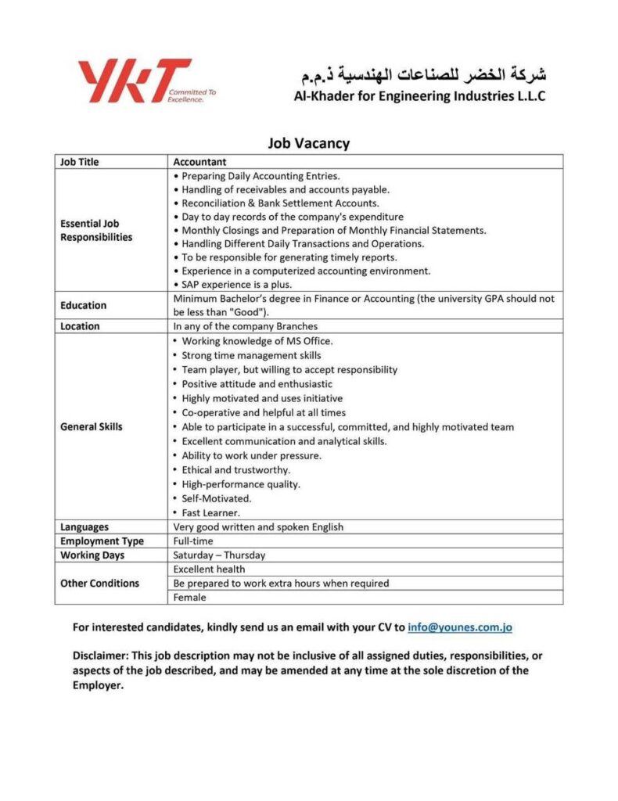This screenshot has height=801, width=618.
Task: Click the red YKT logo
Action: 134,81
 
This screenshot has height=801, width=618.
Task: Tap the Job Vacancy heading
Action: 308,143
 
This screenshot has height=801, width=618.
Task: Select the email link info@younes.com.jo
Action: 460,627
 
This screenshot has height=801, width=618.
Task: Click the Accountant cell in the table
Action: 199,162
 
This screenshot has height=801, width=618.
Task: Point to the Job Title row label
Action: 80,162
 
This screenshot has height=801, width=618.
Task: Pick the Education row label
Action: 83,305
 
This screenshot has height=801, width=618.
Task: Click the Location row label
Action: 80,326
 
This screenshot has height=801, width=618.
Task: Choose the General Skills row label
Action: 92,427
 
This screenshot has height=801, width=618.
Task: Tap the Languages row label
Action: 84,527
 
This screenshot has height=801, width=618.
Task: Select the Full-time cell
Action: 192,541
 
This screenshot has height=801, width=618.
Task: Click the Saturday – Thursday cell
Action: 219,555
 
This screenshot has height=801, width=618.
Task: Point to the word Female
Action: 189,598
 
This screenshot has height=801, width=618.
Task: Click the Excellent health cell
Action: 209,569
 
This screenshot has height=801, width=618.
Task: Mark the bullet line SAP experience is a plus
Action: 236,285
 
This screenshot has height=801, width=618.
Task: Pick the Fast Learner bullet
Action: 210,513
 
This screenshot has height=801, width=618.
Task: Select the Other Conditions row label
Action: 99,584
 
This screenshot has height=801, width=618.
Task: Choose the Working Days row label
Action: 92,555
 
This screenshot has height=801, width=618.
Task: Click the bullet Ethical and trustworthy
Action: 235,470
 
